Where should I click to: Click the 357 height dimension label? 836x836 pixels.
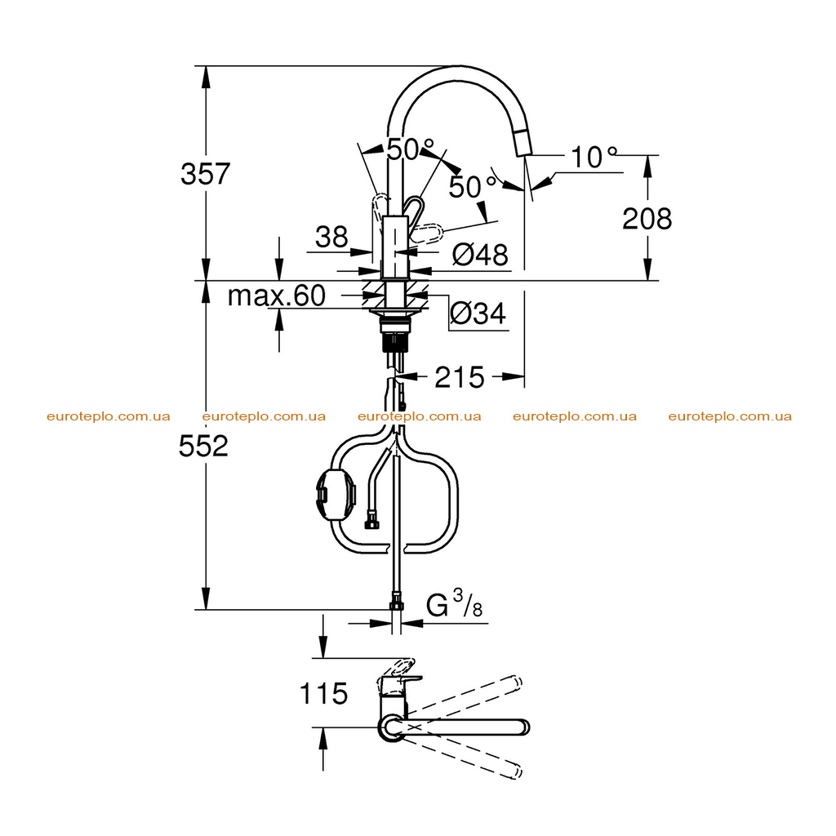coord(205,174)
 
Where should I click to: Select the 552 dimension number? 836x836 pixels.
coord(203,446)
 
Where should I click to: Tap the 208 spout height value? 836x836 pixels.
coord(647,219)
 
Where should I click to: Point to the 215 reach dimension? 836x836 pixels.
coord(460,377)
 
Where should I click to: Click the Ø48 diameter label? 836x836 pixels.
coord(480,255)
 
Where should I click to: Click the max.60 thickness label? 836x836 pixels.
coord(276,296)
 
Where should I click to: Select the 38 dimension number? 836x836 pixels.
coord(331,236)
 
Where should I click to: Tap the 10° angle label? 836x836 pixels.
coord(594,158)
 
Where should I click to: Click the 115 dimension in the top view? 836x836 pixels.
coord(323,694)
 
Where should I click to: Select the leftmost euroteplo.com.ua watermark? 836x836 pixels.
coord(109,416)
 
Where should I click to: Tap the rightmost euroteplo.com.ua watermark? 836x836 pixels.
coord(730,416)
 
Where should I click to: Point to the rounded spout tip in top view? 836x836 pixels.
coord(523,727)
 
